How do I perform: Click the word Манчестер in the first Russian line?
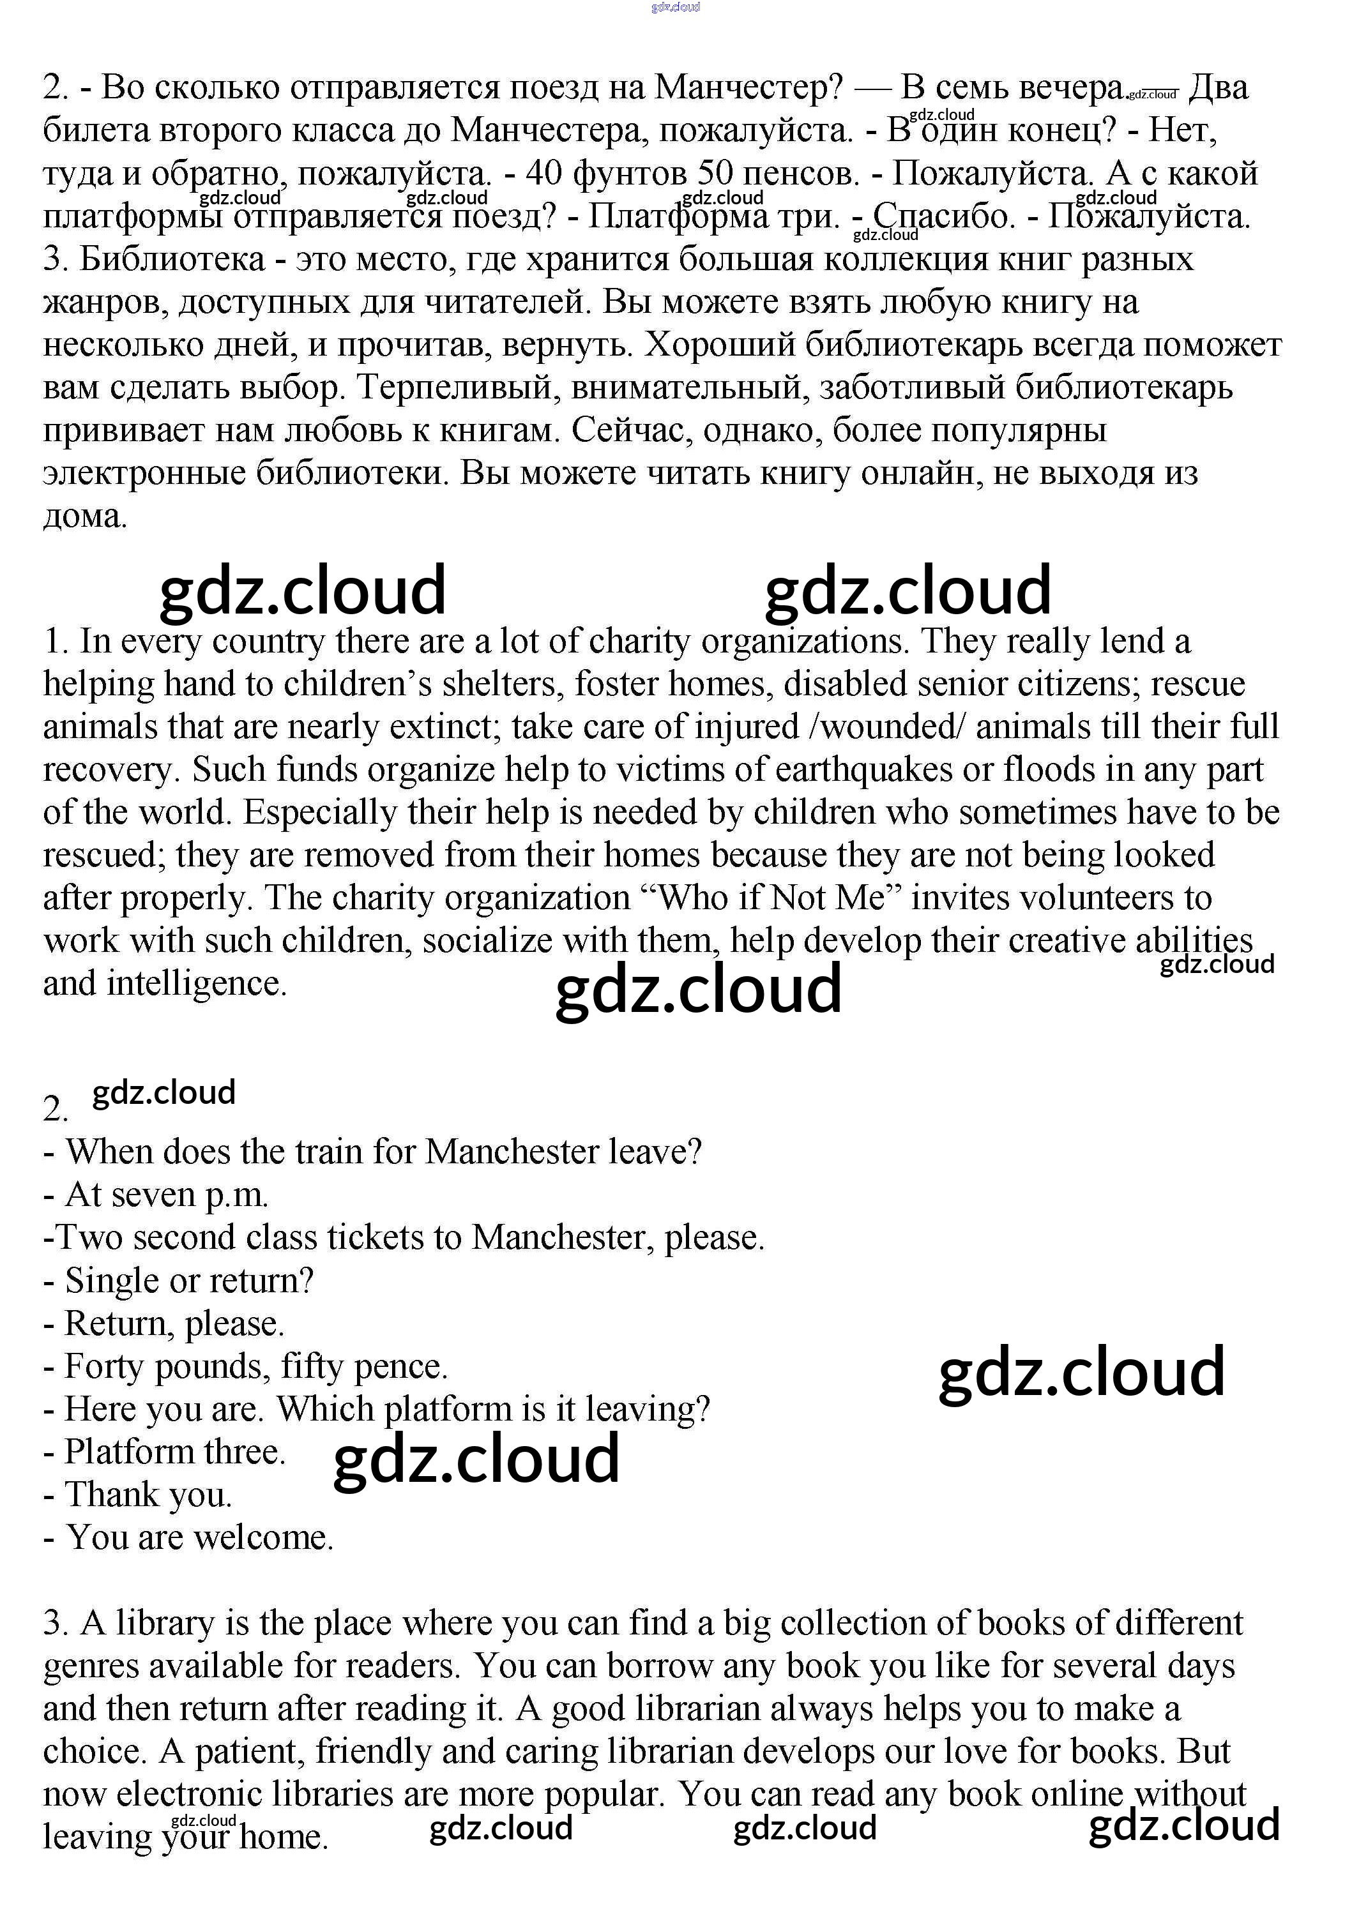point(748,87)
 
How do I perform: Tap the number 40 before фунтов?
point(544,174)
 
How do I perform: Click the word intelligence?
point(196,984)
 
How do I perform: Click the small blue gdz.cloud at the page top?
point(675,6)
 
